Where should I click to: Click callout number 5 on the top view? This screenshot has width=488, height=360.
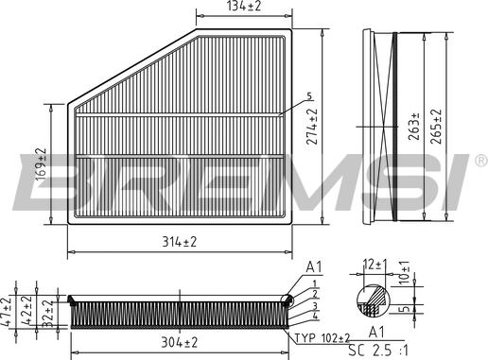point(308,97)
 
